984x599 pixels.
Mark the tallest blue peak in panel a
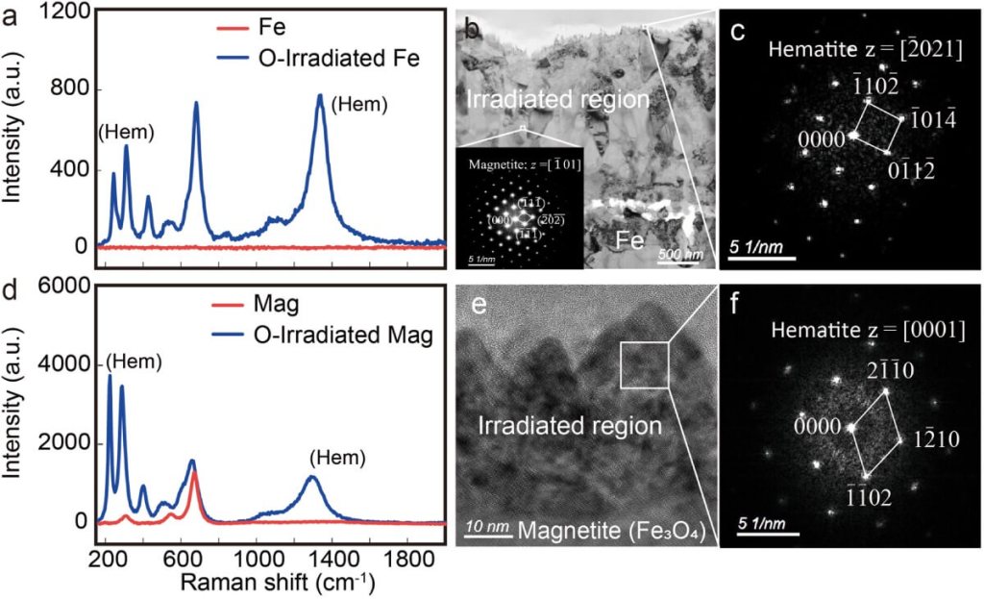pyautogui.click(x=320, y=95)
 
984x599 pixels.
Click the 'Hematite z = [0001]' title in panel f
pyautogui.click(x=865, y=330)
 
